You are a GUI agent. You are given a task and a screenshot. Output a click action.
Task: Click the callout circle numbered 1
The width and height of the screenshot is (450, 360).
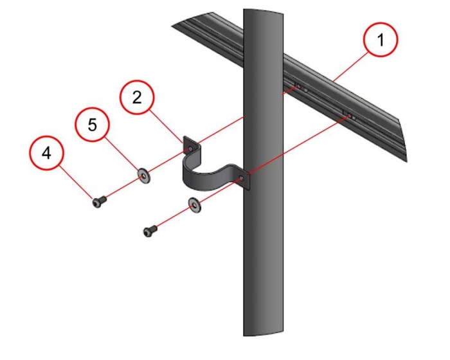pos(381,40)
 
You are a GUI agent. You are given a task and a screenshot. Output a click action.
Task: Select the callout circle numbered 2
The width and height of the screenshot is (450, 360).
pos(137,98)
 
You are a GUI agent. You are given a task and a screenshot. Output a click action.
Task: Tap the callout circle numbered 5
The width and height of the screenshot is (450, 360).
pos(92,125)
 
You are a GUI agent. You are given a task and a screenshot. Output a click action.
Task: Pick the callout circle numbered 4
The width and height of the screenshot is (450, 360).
pos(46,153)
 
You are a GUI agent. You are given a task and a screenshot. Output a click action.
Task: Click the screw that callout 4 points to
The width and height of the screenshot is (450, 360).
pos(99,201)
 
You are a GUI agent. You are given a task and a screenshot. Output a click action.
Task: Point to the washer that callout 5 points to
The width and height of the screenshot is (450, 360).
pos(144,175)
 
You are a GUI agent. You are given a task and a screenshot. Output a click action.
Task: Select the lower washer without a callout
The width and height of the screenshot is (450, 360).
pos(195,204)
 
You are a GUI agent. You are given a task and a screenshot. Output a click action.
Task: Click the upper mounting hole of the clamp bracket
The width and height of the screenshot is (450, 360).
pos(190,149)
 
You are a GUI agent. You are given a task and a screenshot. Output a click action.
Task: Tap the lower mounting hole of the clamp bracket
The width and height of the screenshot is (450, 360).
pos(241,179)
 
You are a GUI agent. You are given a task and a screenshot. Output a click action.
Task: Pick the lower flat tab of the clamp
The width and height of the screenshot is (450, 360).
pos(243,179)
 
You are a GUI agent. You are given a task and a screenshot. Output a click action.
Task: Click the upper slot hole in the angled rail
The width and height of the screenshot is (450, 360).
pos(298,86)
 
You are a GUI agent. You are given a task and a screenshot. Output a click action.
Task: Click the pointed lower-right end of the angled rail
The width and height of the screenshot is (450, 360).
pos(407,161)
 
